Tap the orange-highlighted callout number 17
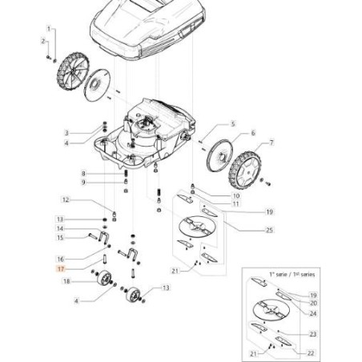point(60,271)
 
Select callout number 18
point(66,282)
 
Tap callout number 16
point(60,259)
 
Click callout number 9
point(105,183)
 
